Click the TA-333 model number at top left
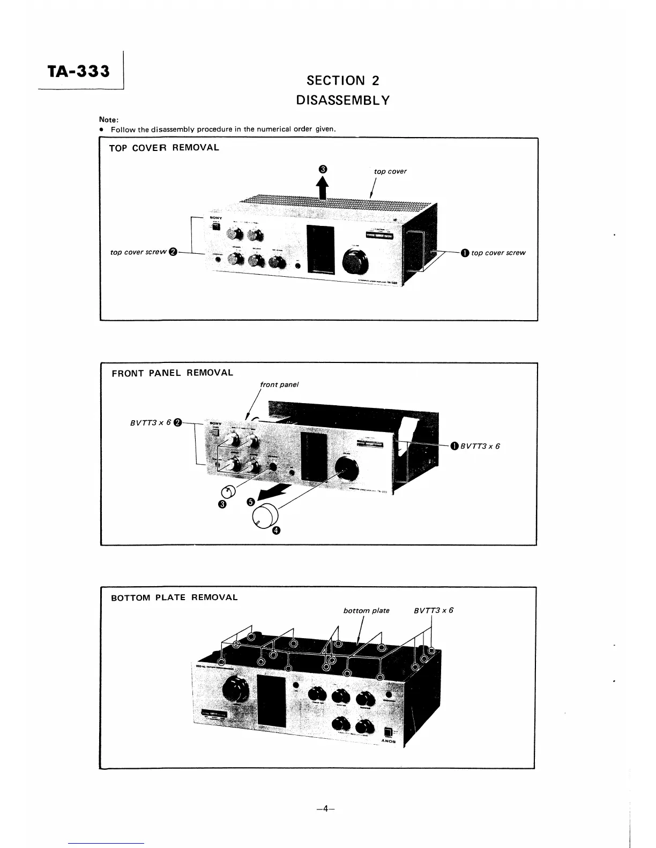tap(78, 71)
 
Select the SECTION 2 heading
tap(342, 81)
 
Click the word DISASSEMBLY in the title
tap(342, 100)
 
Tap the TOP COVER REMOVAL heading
tap(164, 148)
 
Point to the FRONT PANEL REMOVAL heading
tap(172, 373)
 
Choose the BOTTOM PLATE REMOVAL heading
tap(174, 597)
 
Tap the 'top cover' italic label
tap(390, 171)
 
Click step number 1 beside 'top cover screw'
tap(464, 253)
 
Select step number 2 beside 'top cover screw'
tap(173, 253)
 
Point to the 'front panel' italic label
tap(279, 384)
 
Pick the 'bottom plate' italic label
tap(366, 610)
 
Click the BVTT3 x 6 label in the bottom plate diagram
tap(434, 610)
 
